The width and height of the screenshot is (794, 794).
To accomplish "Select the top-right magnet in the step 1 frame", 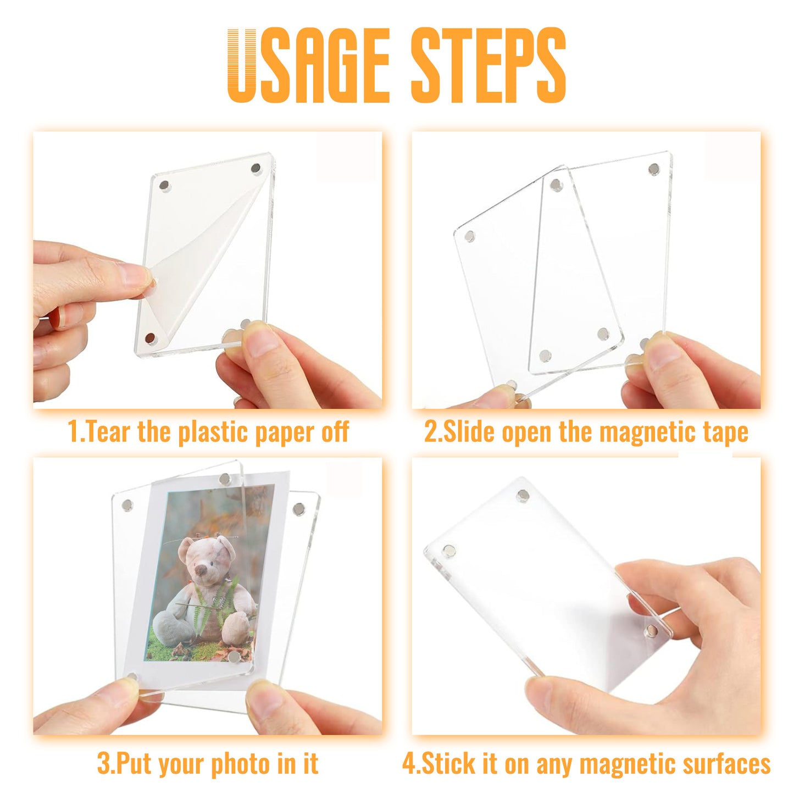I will (256, 168).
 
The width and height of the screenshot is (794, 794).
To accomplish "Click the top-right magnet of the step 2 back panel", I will (654, 169).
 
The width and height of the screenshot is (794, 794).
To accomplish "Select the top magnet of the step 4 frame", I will (523, 496).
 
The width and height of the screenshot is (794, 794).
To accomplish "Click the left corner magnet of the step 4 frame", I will (449, 551).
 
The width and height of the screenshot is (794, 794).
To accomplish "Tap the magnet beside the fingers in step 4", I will (652, 630).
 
